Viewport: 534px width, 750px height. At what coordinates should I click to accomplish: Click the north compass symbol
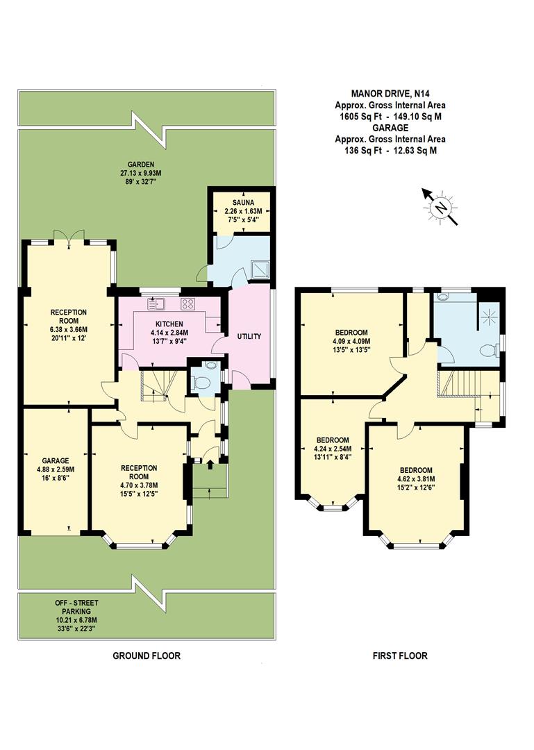[440, 206]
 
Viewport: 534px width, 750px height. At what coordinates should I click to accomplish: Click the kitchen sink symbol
[156, 303]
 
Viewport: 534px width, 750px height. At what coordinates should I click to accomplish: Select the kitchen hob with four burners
[187, 303]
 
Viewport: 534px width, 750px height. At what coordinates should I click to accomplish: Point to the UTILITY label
[249, 337]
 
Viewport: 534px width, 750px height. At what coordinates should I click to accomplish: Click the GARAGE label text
[55, 460]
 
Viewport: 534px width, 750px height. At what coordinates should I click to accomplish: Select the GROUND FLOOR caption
[147, 656]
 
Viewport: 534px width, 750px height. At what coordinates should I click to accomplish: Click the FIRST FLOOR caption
[400, 656]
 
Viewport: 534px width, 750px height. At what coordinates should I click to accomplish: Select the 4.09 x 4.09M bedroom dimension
[351, 341]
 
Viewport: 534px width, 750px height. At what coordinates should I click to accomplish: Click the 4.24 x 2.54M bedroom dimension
[333, 449]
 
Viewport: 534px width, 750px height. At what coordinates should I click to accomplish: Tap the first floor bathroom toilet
[492, 350]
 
